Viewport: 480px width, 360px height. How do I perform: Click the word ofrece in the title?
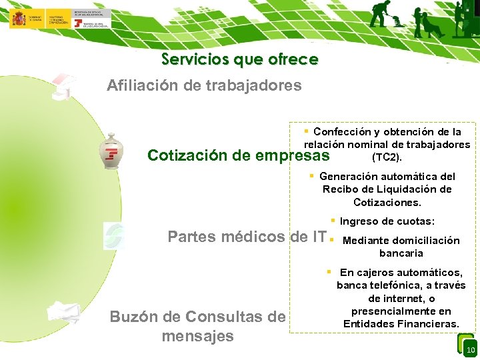(293, 59)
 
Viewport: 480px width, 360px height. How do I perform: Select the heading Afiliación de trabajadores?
(204, 85)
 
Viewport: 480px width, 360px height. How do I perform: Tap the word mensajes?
(197, 336)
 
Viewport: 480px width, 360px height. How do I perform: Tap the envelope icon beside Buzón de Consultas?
(64, 313)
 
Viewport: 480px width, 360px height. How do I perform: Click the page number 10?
(470, 351)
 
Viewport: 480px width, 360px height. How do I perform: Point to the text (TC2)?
(387, 158)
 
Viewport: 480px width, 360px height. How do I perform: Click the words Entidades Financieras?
(401, 324)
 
